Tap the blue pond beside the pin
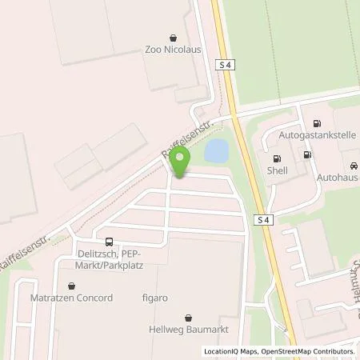(216, 150)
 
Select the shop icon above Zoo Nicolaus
(174, 36)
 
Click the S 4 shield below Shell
(265, 220)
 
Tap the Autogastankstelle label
(317, 137)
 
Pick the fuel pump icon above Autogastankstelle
(317, 124)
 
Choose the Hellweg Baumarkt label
(189, 330)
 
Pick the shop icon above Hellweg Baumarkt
(189, 317)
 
